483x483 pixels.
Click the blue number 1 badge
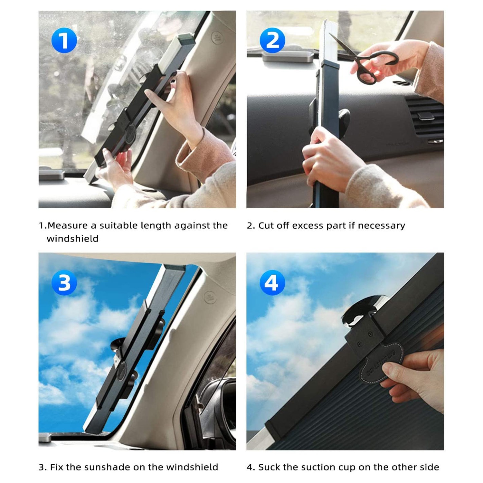[x=64, y=41]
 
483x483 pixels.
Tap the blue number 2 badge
[x=272, y=41]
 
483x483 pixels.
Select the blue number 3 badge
[x=64, y=283]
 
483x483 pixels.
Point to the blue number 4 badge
[x=272, y=283]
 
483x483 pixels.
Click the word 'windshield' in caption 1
[x=72, y=239]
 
